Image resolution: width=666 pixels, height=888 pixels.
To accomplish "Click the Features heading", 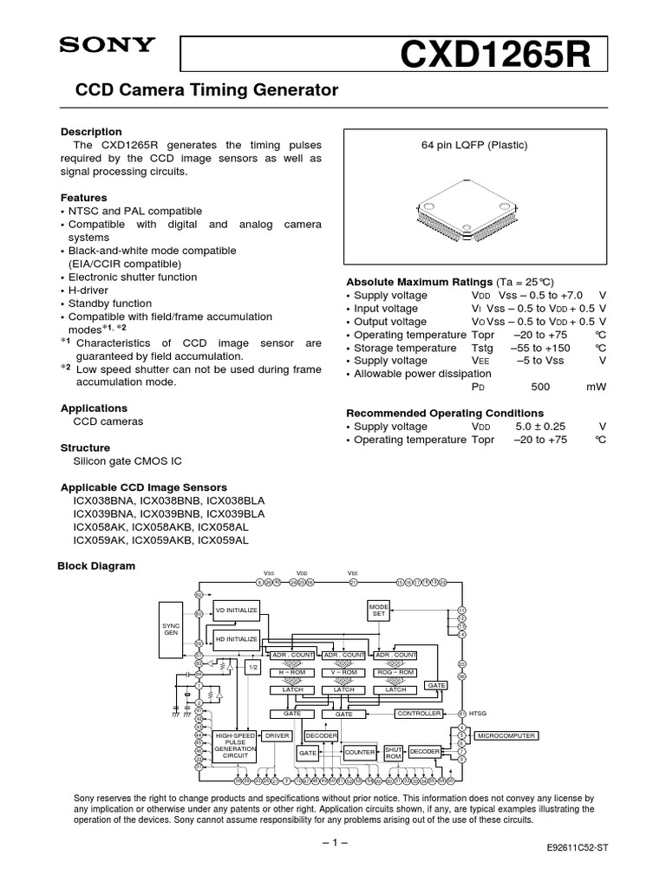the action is click(83, 198).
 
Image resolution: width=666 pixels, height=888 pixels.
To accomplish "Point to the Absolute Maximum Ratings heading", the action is click(419, 283).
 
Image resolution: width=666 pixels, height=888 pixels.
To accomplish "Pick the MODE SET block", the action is click(379, 610).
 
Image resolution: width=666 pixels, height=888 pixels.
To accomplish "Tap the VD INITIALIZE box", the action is click(237, 610).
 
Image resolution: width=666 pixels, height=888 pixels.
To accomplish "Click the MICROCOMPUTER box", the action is click(506, 735).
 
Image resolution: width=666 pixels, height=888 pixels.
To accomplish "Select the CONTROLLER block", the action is click(419, 713).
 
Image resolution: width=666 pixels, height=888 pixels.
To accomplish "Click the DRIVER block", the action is click(277, 735).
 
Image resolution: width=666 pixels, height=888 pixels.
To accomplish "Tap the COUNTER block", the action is click(360, 753).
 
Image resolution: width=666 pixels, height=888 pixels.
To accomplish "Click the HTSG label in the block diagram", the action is click(478, 714).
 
